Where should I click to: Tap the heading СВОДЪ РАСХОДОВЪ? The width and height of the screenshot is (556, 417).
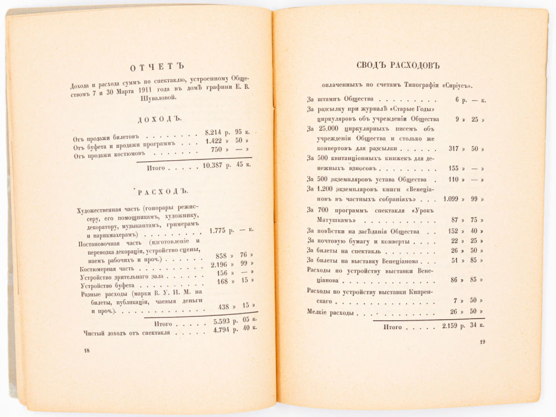click(x=398, y=66)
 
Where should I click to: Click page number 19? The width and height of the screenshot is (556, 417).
click(x=482, y=341)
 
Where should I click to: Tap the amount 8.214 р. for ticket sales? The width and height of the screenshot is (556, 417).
click(x=214, y=133)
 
